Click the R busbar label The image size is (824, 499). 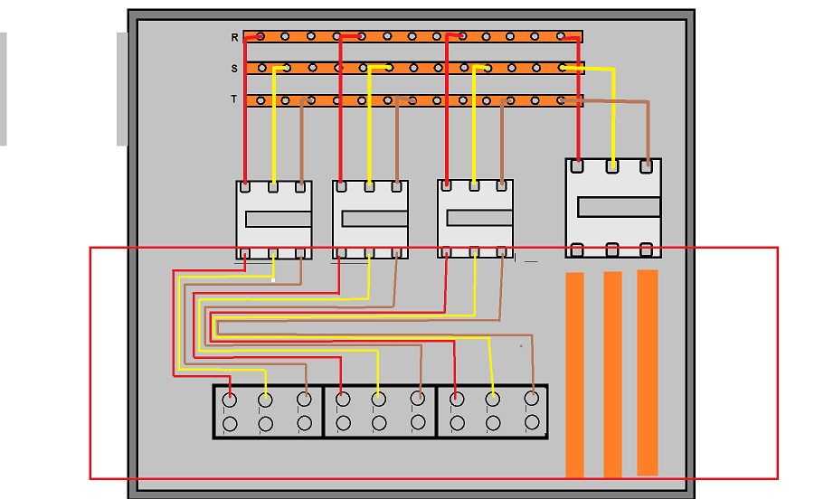pos(234,37)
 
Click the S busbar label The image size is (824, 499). pos(234,69)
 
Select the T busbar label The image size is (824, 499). pos(234,99)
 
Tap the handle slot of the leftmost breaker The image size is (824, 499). pos(279,219)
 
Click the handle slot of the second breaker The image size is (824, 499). pos(374,219)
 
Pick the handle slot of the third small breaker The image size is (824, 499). pos(479,218)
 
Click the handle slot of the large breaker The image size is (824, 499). pos(619,207)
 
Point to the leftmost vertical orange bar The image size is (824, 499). pos(575,374)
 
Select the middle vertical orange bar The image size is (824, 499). pos(612,374)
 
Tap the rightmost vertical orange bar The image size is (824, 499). pos(648,373)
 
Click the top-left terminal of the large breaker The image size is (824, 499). pos(577,166)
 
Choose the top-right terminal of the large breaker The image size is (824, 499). pos(647,166)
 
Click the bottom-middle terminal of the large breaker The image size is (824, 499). pos(611,249)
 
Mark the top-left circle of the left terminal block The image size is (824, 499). pos(230,400)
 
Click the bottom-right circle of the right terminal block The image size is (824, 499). pos(532,422)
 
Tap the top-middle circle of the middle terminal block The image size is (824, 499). pos(379,400)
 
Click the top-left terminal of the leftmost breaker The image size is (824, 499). pos(245,186)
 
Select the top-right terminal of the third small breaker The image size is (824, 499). pos(501,185)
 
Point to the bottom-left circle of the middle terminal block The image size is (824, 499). pos(343,423)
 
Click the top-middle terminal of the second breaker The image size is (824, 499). pos(369,186)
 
